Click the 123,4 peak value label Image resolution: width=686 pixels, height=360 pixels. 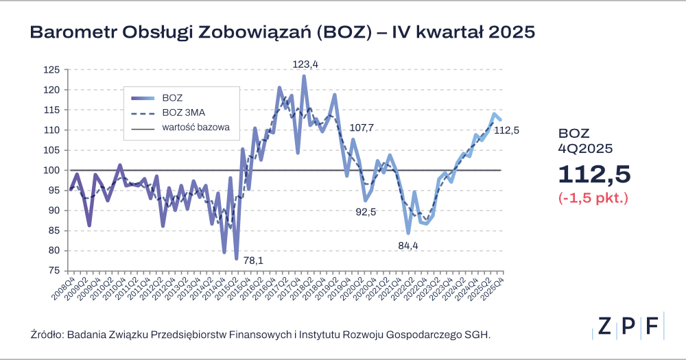(x=306, y=64)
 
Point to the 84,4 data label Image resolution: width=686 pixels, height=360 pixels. (x=408, y=245)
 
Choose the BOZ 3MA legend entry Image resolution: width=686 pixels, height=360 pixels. (x=181, y=112)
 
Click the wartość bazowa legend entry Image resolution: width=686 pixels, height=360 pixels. (x=196, y=128)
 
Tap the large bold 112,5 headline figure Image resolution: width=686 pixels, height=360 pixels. (x=593, y=174)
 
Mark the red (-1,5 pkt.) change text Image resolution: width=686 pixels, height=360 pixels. (x=593, y=199)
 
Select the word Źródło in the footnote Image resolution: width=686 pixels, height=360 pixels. (x=46, y=335)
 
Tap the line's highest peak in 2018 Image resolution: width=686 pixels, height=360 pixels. (x=304, y=76)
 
